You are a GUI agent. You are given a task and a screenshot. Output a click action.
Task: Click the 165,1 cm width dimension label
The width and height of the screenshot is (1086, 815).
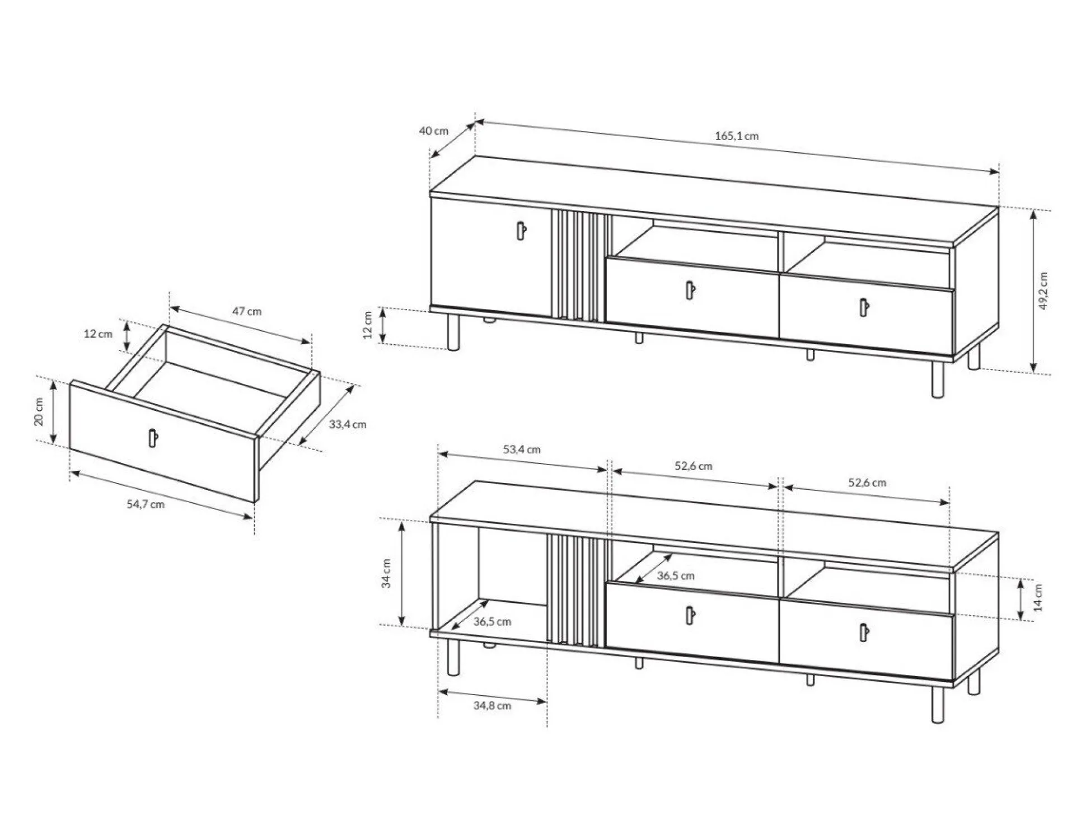737,136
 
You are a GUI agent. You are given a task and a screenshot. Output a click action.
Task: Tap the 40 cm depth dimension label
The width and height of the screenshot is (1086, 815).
434,131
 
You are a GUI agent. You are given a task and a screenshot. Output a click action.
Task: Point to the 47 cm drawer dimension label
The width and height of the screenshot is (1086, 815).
247,311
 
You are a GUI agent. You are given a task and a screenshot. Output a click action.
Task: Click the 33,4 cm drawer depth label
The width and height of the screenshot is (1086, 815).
348,424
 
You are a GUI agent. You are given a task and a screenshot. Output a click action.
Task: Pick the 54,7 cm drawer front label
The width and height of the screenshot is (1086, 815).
146,504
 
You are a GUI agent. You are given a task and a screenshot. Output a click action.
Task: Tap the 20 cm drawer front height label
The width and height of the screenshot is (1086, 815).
39,412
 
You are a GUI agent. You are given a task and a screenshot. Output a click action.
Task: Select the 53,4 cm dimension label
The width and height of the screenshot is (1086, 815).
522,449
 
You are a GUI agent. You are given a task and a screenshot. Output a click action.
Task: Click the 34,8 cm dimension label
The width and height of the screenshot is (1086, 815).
492,706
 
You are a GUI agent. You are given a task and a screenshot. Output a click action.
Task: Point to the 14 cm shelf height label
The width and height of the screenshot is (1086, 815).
1038,597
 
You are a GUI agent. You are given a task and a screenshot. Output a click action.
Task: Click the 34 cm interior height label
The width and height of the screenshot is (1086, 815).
386,574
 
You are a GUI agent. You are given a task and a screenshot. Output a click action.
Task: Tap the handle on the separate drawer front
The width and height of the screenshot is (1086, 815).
153,438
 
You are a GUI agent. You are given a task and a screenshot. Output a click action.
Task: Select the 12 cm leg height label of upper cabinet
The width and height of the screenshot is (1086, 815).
367,325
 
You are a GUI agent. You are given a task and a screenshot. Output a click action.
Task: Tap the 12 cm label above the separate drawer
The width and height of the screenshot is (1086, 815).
98,334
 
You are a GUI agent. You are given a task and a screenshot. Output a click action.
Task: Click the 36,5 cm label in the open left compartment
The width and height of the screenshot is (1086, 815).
492,622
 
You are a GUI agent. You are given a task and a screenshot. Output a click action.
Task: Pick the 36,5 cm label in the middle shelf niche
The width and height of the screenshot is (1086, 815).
676,576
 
